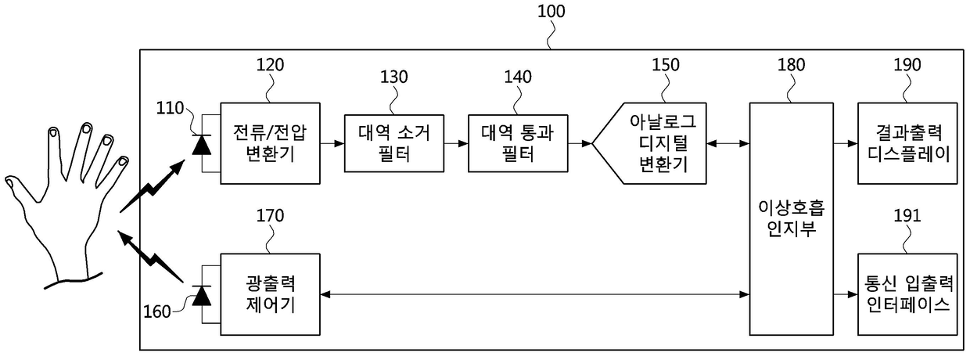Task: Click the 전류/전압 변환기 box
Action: click(x=270, y=144)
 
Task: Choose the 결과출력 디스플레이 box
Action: click(x=907, y=144)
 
